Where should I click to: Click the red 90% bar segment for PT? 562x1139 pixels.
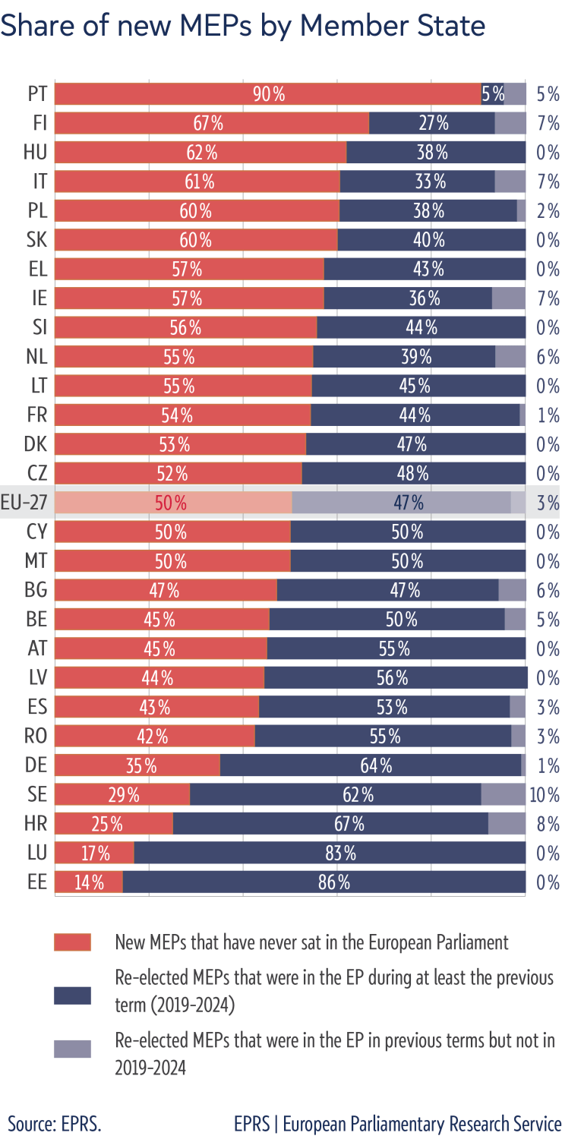(x=268, y=94)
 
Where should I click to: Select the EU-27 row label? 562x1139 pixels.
(x=24, y=503)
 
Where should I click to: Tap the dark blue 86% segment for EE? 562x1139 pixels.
(x=324, y=882)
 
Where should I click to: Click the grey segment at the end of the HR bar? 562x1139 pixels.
(x=507, y=824)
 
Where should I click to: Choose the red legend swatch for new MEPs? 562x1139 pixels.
(x=72, y=942)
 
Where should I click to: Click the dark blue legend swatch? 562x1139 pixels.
(x=72, y=995)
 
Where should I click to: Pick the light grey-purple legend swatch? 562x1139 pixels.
(x=72, y=1049)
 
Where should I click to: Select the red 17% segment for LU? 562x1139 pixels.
(x=94, y=853)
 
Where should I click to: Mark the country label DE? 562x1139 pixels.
(x=36, y=765)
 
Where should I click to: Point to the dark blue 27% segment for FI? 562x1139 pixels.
(x=431, y=123)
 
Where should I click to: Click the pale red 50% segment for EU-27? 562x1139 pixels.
(x=173, y=503)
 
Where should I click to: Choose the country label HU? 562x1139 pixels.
(x=35, y=153)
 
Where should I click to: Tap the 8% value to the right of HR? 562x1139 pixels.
(x=548, y=824)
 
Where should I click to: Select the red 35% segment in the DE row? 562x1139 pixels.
(x=137, y=765)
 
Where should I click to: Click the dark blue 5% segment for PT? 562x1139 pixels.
(x=492, y=94)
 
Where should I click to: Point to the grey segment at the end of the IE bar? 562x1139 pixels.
(x=509, y=298)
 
